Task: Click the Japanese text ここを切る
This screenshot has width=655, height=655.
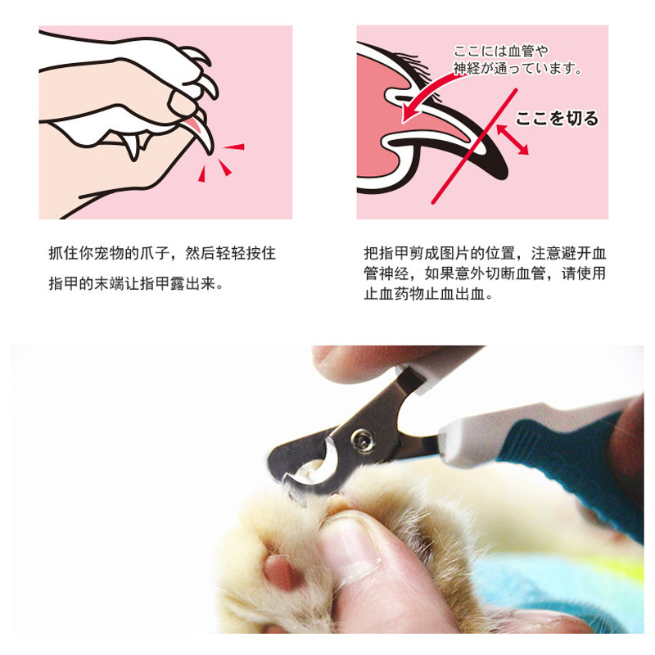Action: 557,119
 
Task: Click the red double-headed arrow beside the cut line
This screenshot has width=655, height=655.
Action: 513,140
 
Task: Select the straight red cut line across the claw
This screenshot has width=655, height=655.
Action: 475,147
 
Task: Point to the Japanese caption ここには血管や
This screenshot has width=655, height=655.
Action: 500,52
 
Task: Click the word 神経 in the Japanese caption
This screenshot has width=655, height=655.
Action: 467,68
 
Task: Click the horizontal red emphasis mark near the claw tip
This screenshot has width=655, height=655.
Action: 234,147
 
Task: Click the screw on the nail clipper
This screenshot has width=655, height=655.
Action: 362,440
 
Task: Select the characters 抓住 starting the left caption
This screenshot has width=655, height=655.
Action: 64,253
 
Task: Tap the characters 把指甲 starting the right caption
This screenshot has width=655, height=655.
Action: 386,253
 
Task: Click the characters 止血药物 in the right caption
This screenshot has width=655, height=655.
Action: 394,294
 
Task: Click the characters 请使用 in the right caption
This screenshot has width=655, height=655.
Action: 583,273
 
